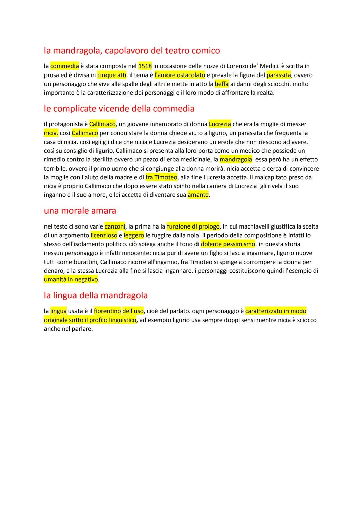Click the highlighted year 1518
tap(145, 66)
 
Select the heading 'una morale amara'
tap(80, 211)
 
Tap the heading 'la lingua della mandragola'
tap(96, 296)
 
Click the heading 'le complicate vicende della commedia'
tap(119, 109)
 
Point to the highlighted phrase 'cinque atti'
tap(112, 75)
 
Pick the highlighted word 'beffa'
tap(221, 84)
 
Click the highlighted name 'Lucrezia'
tap(220, 124)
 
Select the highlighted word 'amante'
tap(198, 195)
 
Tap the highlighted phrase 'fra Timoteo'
tap(161, 177)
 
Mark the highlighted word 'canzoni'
tap(115, 227)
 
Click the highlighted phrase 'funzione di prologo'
tap(193, 227)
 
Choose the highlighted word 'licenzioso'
tap(104, 236)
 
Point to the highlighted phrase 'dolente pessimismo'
tap(228, 244)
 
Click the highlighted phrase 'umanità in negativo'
tap(71, 279)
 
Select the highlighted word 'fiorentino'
tap(107, 311)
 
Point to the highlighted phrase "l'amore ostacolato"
tap(180, 75)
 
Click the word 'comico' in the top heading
tap(206, 51)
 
